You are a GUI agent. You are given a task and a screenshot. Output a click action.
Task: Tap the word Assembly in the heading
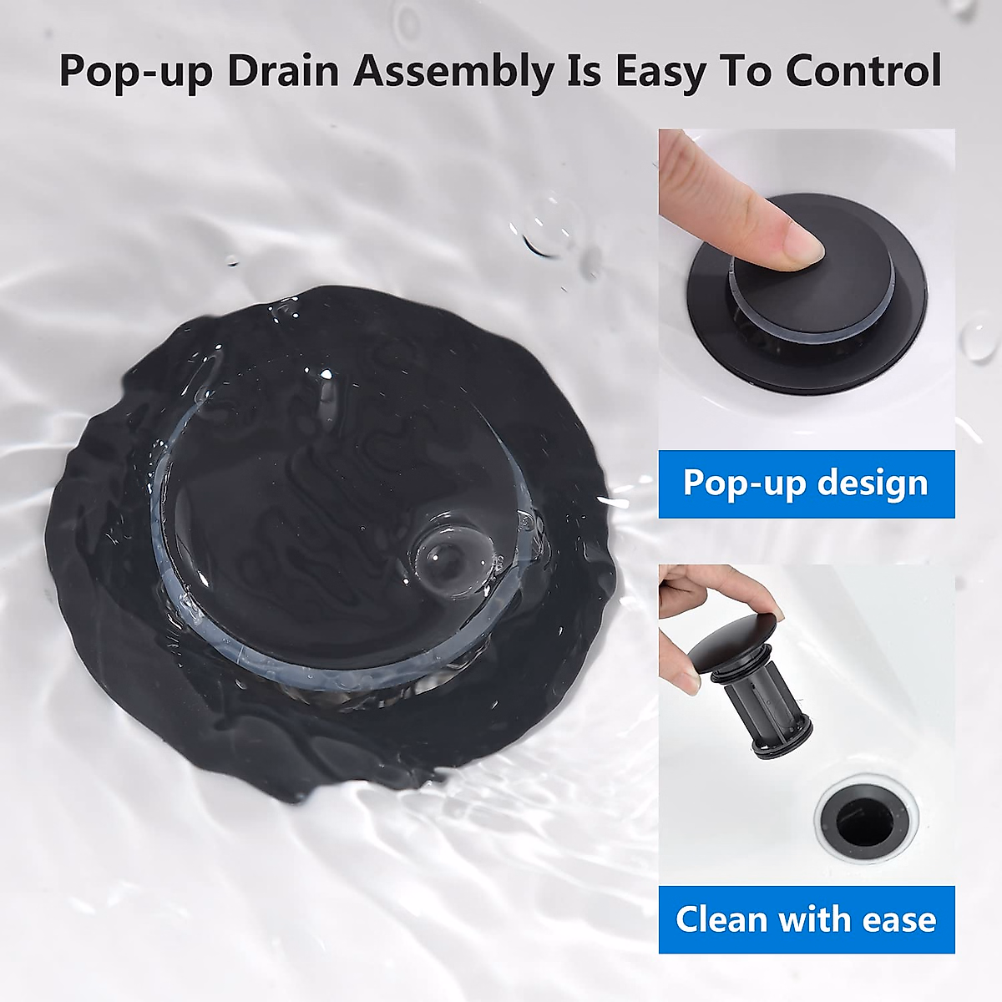454,71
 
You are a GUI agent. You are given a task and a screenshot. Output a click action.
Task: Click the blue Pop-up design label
806,484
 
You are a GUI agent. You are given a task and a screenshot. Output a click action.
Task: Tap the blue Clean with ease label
806,919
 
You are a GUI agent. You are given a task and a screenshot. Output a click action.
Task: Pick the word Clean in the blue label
722,919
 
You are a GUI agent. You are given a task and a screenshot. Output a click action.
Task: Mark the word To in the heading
753,71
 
